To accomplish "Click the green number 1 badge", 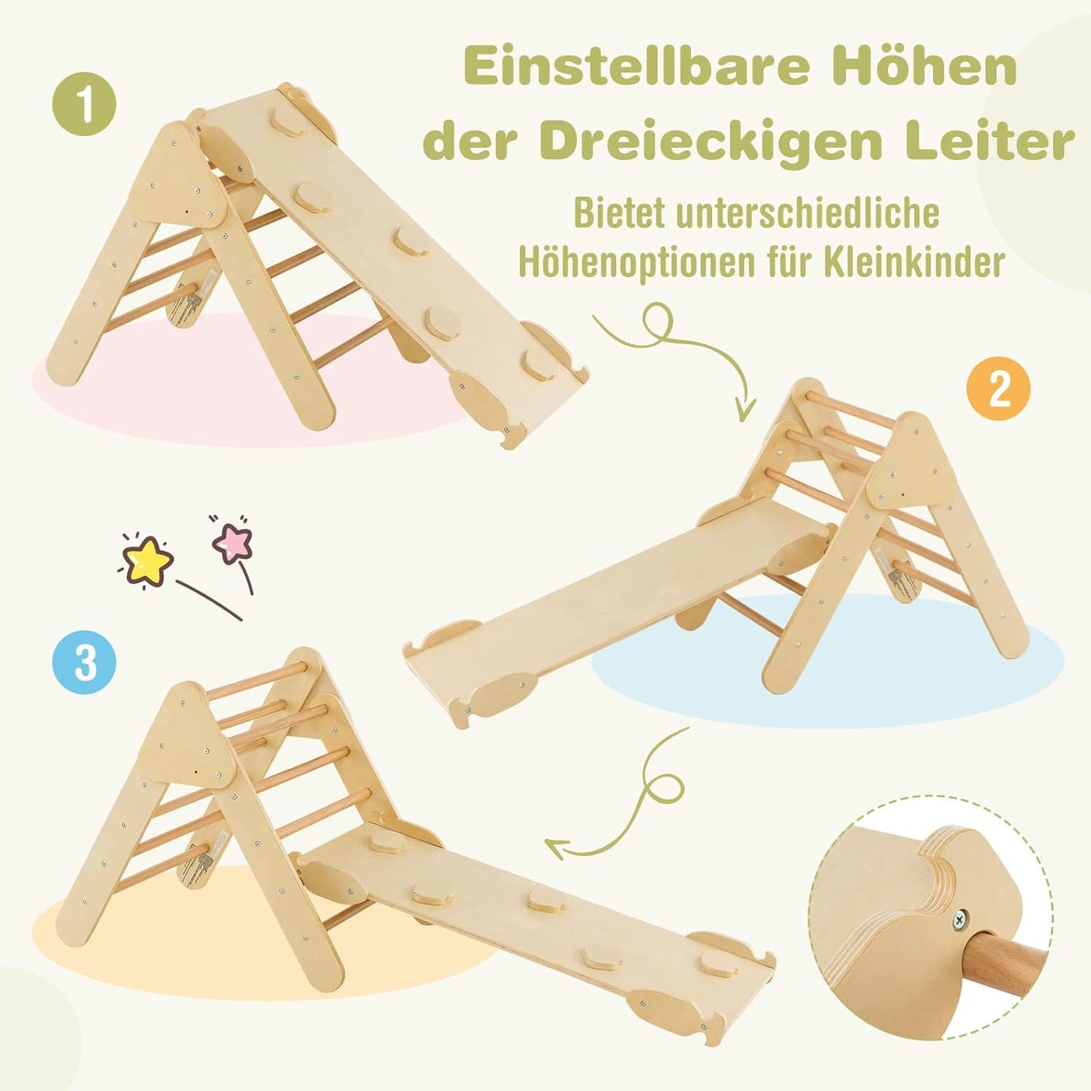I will (x=85, y=104).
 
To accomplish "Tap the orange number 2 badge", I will (x=998, y=390).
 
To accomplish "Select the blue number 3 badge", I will (x=85, y=662).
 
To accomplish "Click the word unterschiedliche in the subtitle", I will (x=807, y=214).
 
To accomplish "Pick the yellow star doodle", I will (x=146, y=559).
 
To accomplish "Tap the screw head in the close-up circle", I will (x=961, y=920).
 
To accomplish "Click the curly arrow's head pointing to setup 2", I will (x=745, y=412).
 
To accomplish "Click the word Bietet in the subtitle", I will (x=618, y=214).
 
